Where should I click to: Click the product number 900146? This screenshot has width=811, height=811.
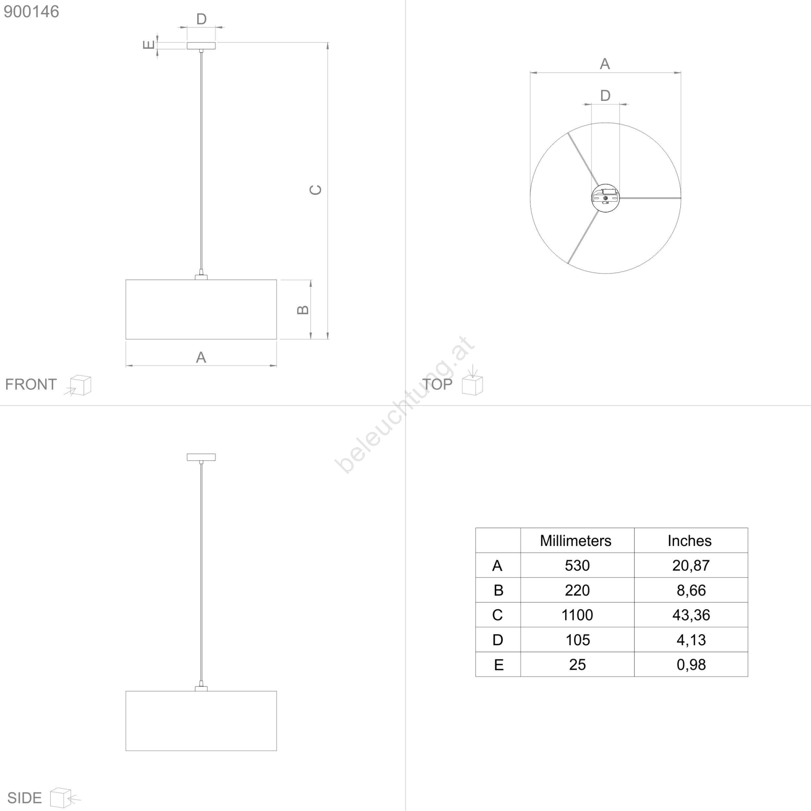click(31, 12)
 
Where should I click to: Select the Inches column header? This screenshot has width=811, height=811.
click(689, 541)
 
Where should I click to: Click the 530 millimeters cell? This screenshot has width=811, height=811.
click(577, 566)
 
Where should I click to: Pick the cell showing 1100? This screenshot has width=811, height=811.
click(577, 615)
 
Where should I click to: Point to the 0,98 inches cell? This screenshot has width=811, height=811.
click(691, 665)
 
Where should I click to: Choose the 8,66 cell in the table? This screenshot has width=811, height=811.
click(691, 591)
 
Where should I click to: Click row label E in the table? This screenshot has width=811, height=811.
click(499, 665)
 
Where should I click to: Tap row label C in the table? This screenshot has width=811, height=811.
click(498, 615)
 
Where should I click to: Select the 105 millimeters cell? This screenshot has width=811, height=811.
click(577, 640)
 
